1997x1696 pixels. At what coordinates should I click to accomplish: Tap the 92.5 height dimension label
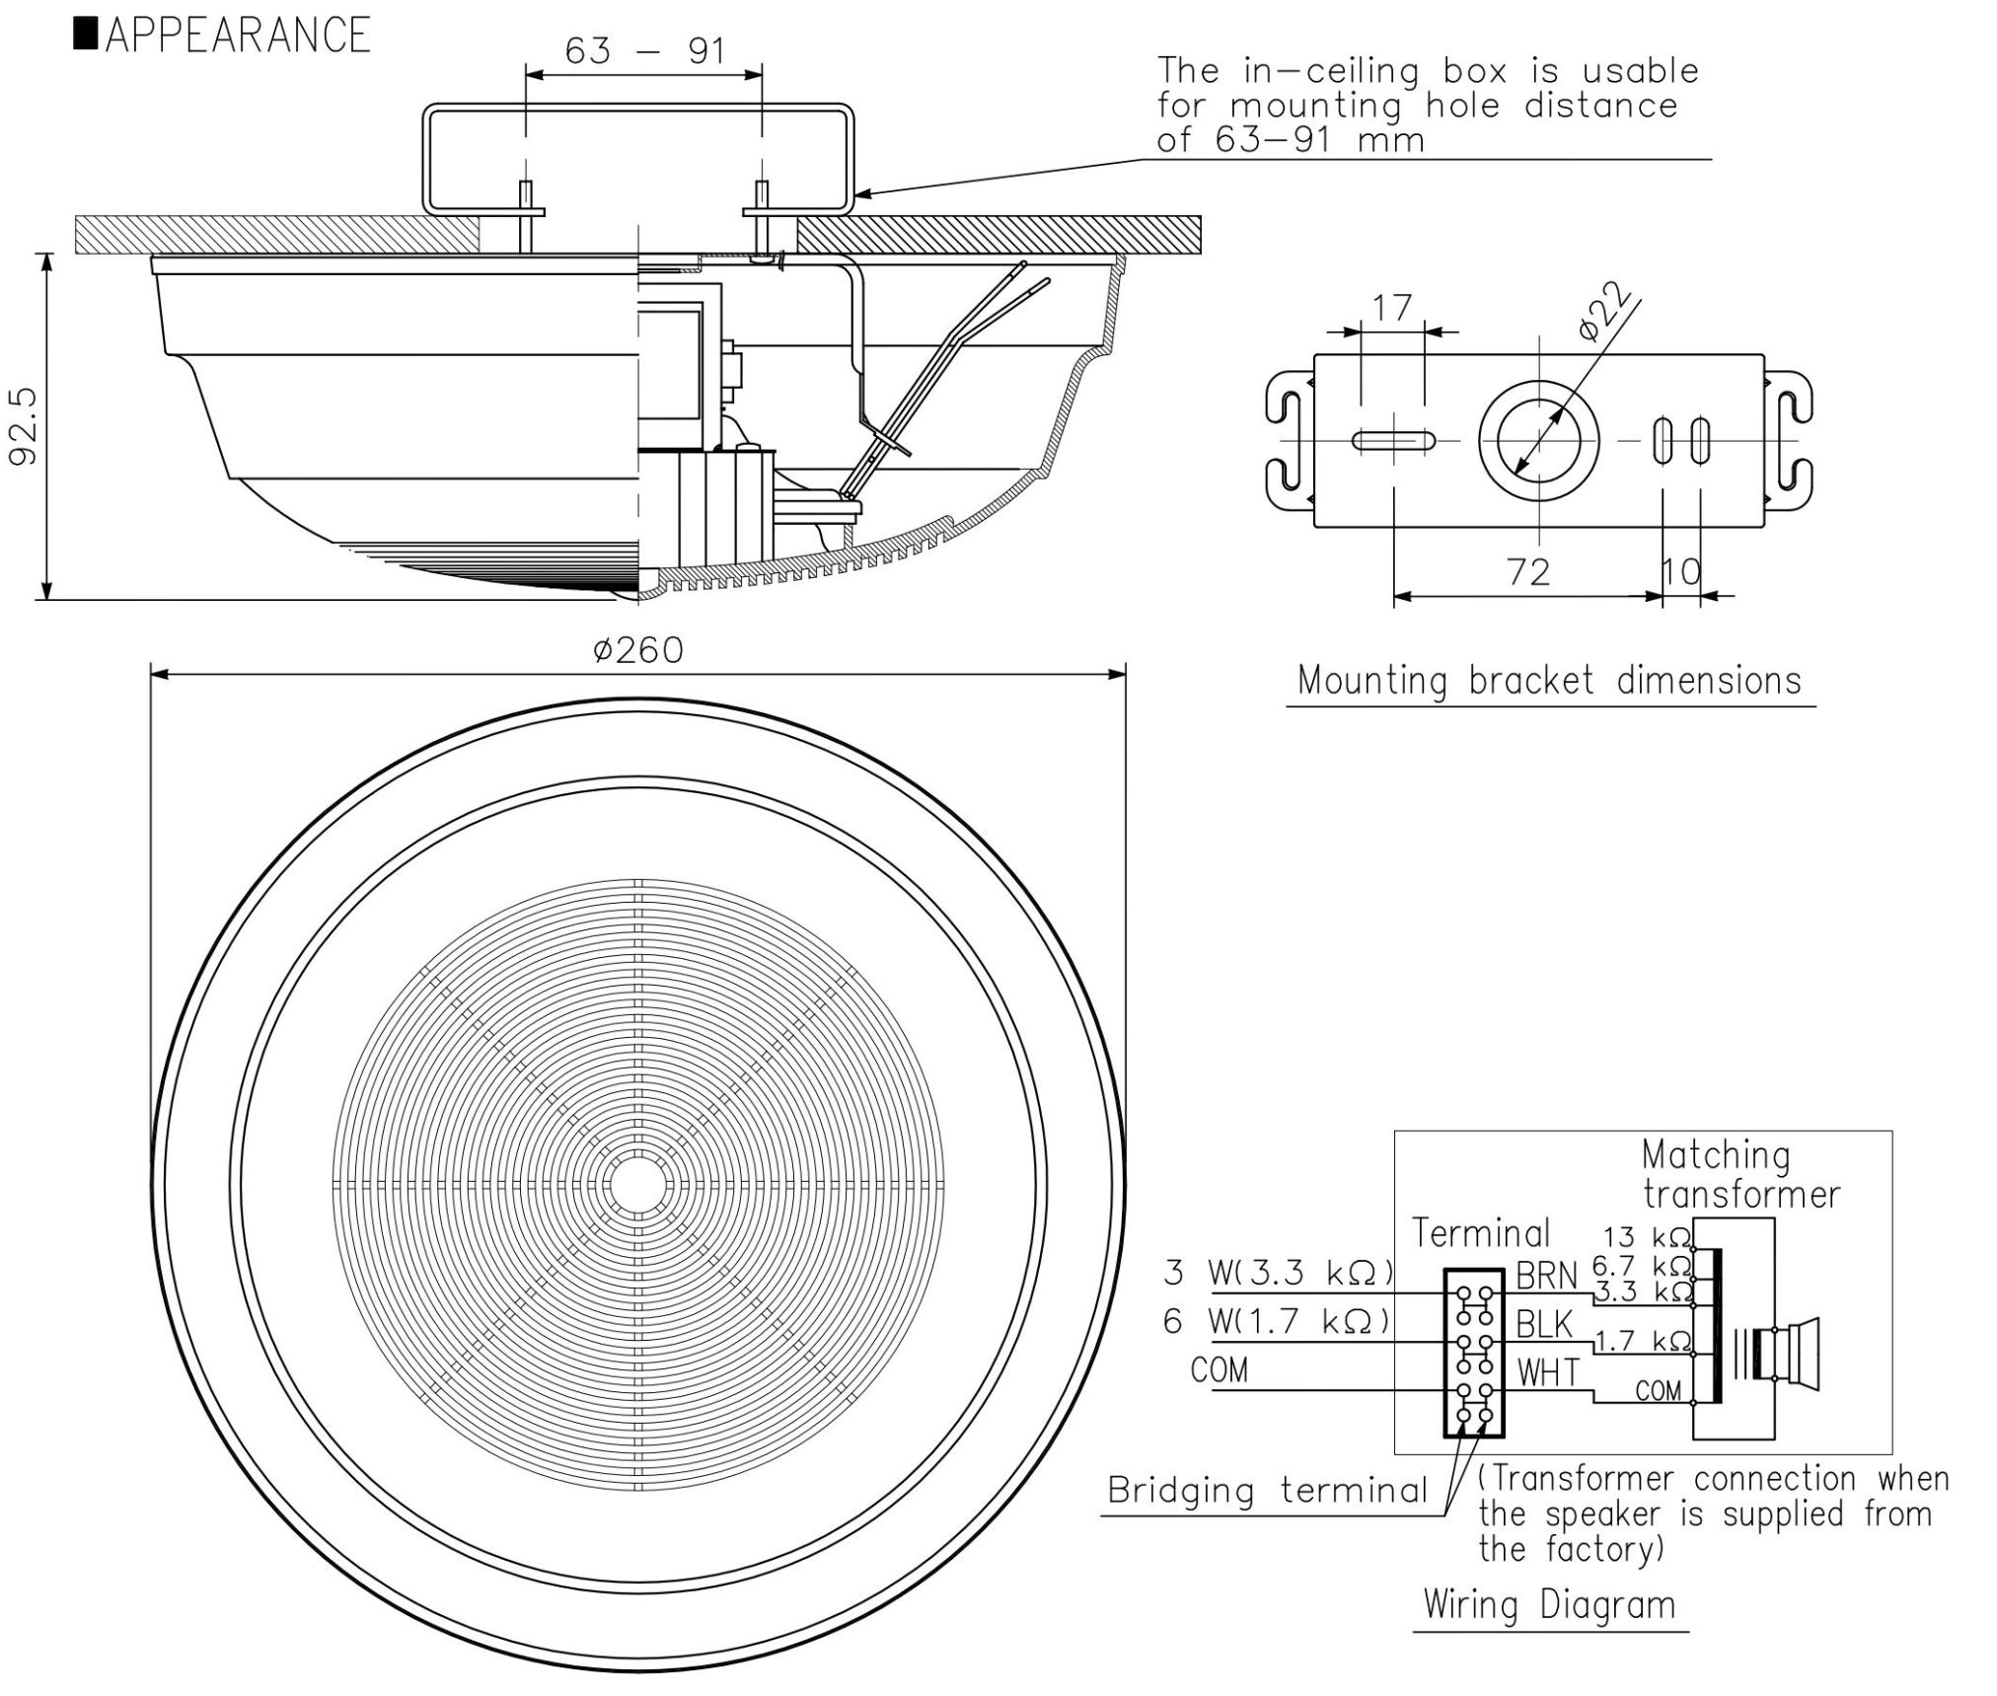coord(22,424)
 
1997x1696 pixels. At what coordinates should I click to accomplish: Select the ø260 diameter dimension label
coord(637,650)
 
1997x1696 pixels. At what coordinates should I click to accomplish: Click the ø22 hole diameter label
coord(1603,312)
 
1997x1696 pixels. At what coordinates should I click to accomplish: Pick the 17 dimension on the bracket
coord(1391,308)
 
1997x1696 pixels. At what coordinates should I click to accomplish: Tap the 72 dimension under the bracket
coord(1528,571)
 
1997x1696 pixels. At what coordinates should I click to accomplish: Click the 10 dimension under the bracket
coord(1681,571)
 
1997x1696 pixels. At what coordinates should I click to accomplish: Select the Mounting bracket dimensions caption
coord(1549,681)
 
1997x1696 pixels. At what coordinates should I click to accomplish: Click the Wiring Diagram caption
coord(1549,1604)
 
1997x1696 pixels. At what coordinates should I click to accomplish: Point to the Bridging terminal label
coord(1267,1490)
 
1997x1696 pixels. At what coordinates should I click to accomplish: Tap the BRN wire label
coord(1546,1277)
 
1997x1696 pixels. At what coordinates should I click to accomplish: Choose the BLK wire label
coord(1544,1325)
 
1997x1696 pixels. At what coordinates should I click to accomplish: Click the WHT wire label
coord(1548,1372)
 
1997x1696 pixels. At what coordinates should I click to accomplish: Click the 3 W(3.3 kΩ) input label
coord(1278,1274)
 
